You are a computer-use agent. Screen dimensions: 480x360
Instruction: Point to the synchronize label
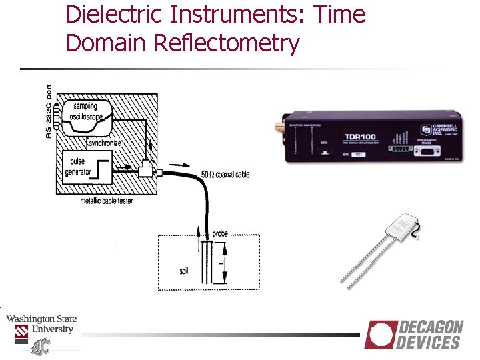pos(105,143)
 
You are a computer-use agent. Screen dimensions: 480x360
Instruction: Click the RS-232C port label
pos(49,111)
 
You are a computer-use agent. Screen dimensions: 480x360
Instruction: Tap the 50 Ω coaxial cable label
pos(225,175)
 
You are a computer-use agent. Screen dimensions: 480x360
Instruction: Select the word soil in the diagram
pos(185,271)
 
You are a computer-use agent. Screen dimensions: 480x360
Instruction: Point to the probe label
pos(219,234)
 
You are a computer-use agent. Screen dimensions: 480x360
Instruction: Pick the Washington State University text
pos(41,324)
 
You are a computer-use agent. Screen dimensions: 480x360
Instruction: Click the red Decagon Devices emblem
pos(380,334)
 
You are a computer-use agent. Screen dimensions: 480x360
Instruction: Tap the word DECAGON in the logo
pos(430,328)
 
